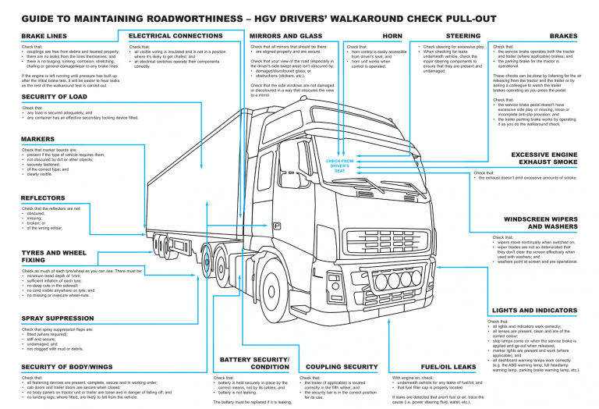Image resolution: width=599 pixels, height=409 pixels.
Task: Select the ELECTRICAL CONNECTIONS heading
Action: tap(175, 36)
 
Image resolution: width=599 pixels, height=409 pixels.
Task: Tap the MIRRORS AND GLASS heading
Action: tap(285, 36)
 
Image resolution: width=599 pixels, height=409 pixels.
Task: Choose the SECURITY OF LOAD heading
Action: tap(54, 97)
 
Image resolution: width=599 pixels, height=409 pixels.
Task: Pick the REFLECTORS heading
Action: tap(43, 198)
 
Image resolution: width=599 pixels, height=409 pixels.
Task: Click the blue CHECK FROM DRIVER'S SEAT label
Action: tap(338, 164)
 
